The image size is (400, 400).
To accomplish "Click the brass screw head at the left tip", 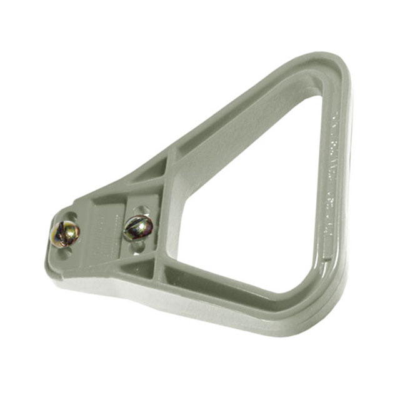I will (64, 234).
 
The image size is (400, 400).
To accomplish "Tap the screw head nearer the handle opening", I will (138, 227).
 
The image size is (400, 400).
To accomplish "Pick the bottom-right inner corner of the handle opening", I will (309, 284).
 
